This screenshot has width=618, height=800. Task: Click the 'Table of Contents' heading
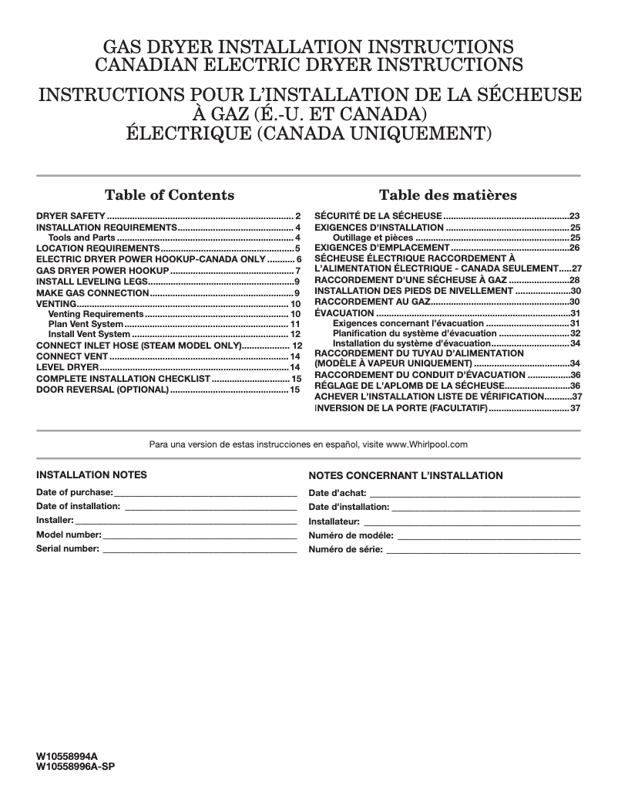[x=170, y=194]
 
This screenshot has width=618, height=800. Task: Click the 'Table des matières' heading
[x=448, y=194]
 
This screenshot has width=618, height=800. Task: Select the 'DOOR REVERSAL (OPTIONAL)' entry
[x=102, y=390]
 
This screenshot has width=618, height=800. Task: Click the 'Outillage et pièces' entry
[x=373, y=238]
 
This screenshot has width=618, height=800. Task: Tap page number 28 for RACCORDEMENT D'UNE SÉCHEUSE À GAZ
[x=574, y=279]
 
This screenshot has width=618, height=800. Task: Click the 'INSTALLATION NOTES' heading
[x=92, y=474]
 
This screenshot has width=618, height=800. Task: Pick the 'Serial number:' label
[x=68, y=549]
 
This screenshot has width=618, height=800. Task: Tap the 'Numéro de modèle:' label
[x=351, y=535]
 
